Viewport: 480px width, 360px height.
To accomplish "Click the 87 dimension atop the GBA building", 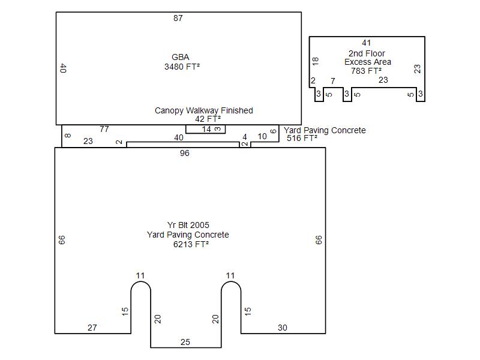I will coord(178,18).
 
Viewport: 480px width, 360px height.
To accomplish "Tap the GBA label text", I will coord(181,58).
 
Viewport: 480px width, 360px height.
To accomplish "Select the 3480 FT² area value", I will coord(182,67).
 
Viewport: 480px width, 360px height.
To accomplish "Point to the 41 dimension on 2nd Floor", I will coord(367,43).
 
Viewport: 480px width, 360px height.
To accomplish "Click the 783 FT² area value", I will coord(367,71).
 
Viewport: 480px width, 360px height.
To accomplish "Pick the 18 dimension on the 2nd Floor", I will coord(315,61).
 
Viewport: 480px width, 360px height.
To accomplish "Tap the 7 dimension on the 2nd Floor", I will coord(332,80).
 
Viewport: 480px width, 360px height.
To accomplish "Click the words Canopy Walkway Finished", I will coord(204,110).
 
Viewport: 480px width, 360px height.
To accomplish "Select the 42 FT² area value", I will coord(204,119).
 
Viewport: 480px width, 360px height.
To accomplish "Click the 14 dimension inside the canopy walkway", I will coord(206,130).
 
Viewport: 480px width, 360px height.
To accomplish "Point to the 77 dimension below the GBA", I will coord(104,129).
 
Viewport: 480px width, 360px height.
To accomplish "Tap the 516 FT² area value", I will coord(302,139).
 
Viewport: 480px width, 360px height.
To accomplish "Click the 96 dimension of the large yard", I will coord(185,154).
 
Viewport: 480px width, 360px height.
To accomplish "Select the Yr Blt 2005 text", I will coord(188,226).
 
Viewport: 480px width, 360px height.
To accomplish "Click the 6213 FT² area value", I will coord(188,245).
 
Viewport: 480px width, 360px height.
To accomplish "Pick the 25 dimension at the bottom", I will coord(185,342).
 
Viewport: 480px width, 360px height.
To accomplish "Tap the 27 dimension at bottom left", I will coord(92,328).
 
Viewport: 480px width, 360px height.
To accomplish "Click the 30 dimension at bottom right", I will coord(283,328).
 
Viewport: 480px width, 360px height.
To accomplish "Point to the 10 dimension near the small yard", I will coord(262,137).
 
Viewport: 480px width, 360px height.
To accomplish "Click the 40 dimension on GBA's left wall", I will coord(63,68).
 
